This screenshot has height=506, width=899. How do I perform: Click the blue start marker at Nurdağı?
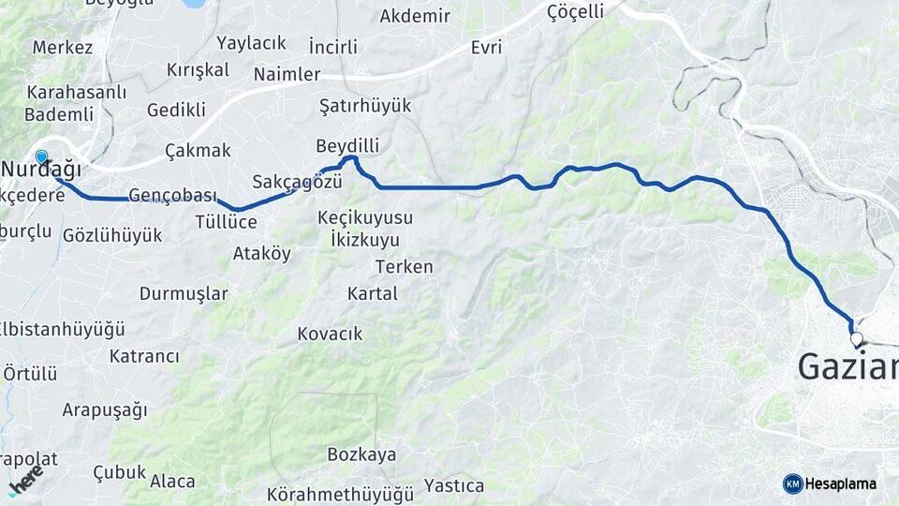[41, 156]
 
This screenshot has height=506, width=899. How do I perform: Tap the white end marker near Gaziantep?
[856, 339]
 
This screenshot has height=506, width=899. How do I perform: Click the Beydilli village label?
[347, 146]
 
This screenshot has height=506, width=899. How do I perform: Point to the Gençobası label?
[172, 196]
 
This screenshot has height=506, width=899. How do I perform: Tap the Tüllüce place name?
[226, 221]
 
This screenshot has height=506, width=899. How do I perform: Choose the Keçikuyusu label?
[365, 217]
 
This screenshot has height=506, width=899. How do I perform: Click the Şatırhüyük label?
[365, 105]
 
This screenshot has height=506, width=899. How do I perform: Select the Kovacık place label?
[330, 334]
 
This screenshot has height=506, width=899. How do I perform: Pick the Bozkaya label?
[361, 454]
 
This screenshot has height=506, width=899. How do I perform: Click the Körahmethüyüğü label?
[340, 493]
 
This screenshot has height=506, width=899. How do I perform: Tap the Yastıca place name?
[454, 485]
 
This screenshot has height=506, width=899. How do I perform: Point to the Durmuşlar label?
[184, 293]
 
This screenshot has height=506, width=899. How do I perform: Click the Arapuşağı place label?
[105, 409]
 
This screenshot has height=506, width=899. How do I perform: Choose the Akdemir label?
[415, 16]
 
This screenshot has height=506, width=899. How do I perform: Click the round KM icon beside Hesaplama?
[793, 484]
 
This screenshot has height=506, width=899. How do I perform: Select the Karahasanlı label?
[64, 93]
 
